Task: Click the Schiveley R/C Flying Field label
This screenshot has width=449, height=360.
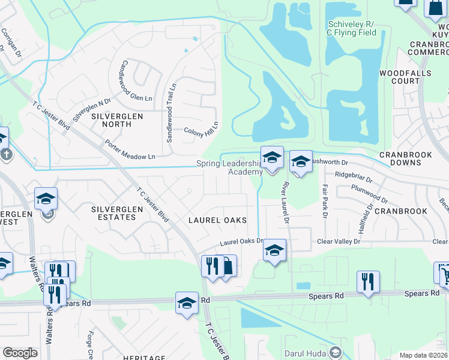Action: click(352, 28)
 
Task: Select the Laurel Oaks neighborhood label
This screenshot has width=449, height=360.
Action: click(217, 220)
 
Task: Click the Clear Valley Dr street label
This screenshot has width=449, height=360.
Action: click(339, 241)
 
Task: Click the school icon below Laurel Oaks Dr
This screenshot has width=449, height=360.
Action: click(274, 250)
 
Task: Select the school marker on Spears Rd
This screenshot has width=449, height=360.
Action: click(187, 303)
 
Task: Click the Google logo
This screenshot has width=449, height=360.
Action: click(20, 353)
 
